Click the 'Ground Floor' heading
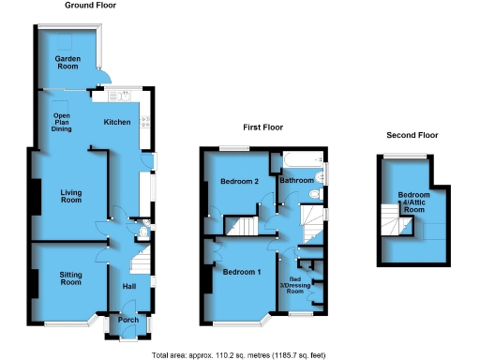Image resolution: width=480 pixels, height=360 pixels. click(89, 6)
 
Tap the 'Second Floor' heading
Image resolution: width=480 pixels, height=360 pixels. click(412, 135)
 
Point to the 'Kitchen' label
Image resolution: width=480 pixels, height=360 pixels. click(117, 122)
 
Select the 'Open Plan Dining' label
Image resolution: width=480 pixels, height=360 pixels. click(63, 123)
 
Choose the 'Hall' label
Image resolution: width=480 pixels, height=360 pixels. click(130, 287)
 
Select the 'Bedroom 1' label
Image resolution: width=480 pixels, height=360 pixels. click(241, 272)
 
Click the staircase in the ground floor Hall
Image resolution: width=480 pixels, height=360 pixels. click(140, 258)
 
